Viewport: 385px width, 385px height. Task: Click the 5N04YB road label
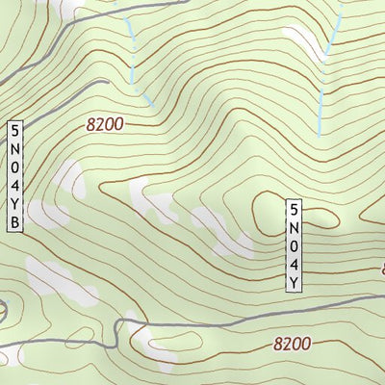14,177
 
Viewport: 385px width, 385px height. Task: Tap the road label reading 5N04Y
294,244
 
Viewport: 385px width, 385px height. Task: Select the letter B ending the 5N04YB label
14,224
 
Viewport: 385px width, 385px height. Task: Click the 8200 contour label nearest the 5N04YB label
105,123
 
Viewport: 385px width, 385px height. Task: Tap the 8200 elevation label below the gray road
292,343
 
